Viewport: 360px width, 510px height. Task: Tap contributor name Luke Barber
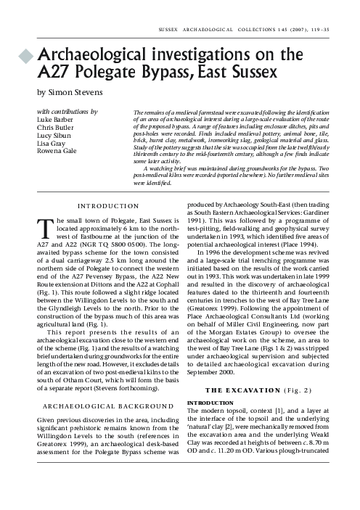[55, 120]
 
